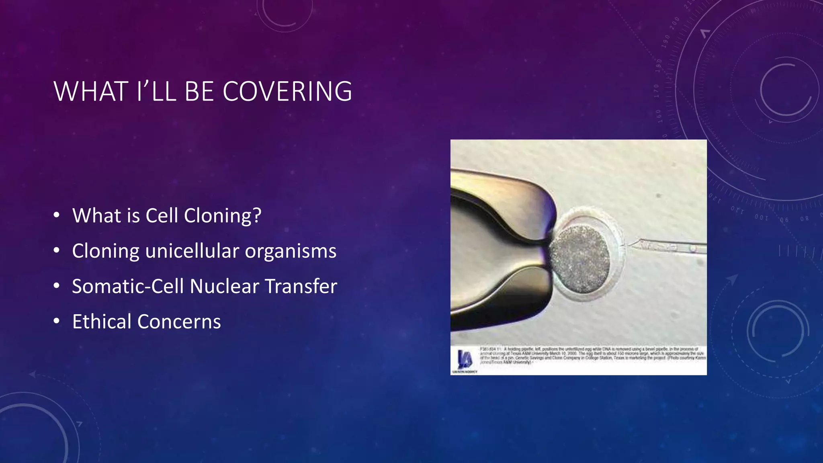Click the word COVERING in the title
click(287, 91)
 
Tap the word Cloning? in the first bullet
click(223, 216)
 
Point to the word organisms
click(291, 251)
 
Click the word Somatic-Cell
click(128, 287)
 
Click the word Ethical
click(102, 322)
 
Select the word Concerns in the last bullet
click(179, 322)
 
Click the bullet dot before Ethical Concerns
click(57, 321)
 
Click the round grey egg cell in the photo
click(579, 259)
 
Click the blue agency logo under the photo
click(464, 359)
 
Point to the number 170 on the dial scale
click(657, 91)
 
